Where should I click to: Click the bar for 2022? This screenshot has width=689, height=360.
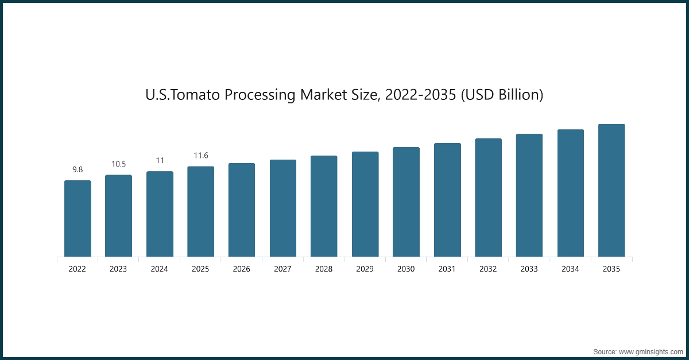click(78, 219)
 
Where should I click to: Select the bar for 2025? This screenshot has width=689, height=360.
click(200, 212)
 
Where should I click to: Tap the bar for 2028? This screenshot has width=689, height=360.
click(324, 206)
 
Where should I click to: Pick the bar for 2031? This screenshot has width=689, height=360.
click(447, 200)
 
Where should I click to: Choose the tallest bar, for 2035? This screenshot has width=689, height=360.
click(611, 191)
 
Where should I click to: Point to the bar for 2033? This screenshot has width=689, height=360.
click(529, 195)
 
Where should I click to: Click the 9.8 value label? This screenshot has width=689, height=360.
click(78, 169)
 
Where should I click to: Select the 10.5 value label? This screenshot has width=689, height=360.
click(118, 164)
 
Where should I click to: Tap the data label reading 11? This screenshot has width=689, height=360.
click(160, 160)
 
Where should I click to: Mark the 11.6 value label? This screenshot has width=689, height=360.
click(200, 156)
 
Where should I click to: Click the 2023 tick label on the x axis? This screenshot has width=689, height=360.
click(118, 269)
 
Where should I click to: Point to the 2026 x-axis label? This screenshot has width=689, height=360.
click(242, 269)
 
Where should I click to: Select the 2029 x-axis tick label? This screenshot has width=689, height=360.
click(365, 269)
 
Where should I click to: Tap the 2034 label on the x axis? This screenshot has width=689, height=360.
click(571, 269)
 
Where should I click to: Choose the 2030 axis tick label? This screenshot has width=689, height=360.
click(406, 269)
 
